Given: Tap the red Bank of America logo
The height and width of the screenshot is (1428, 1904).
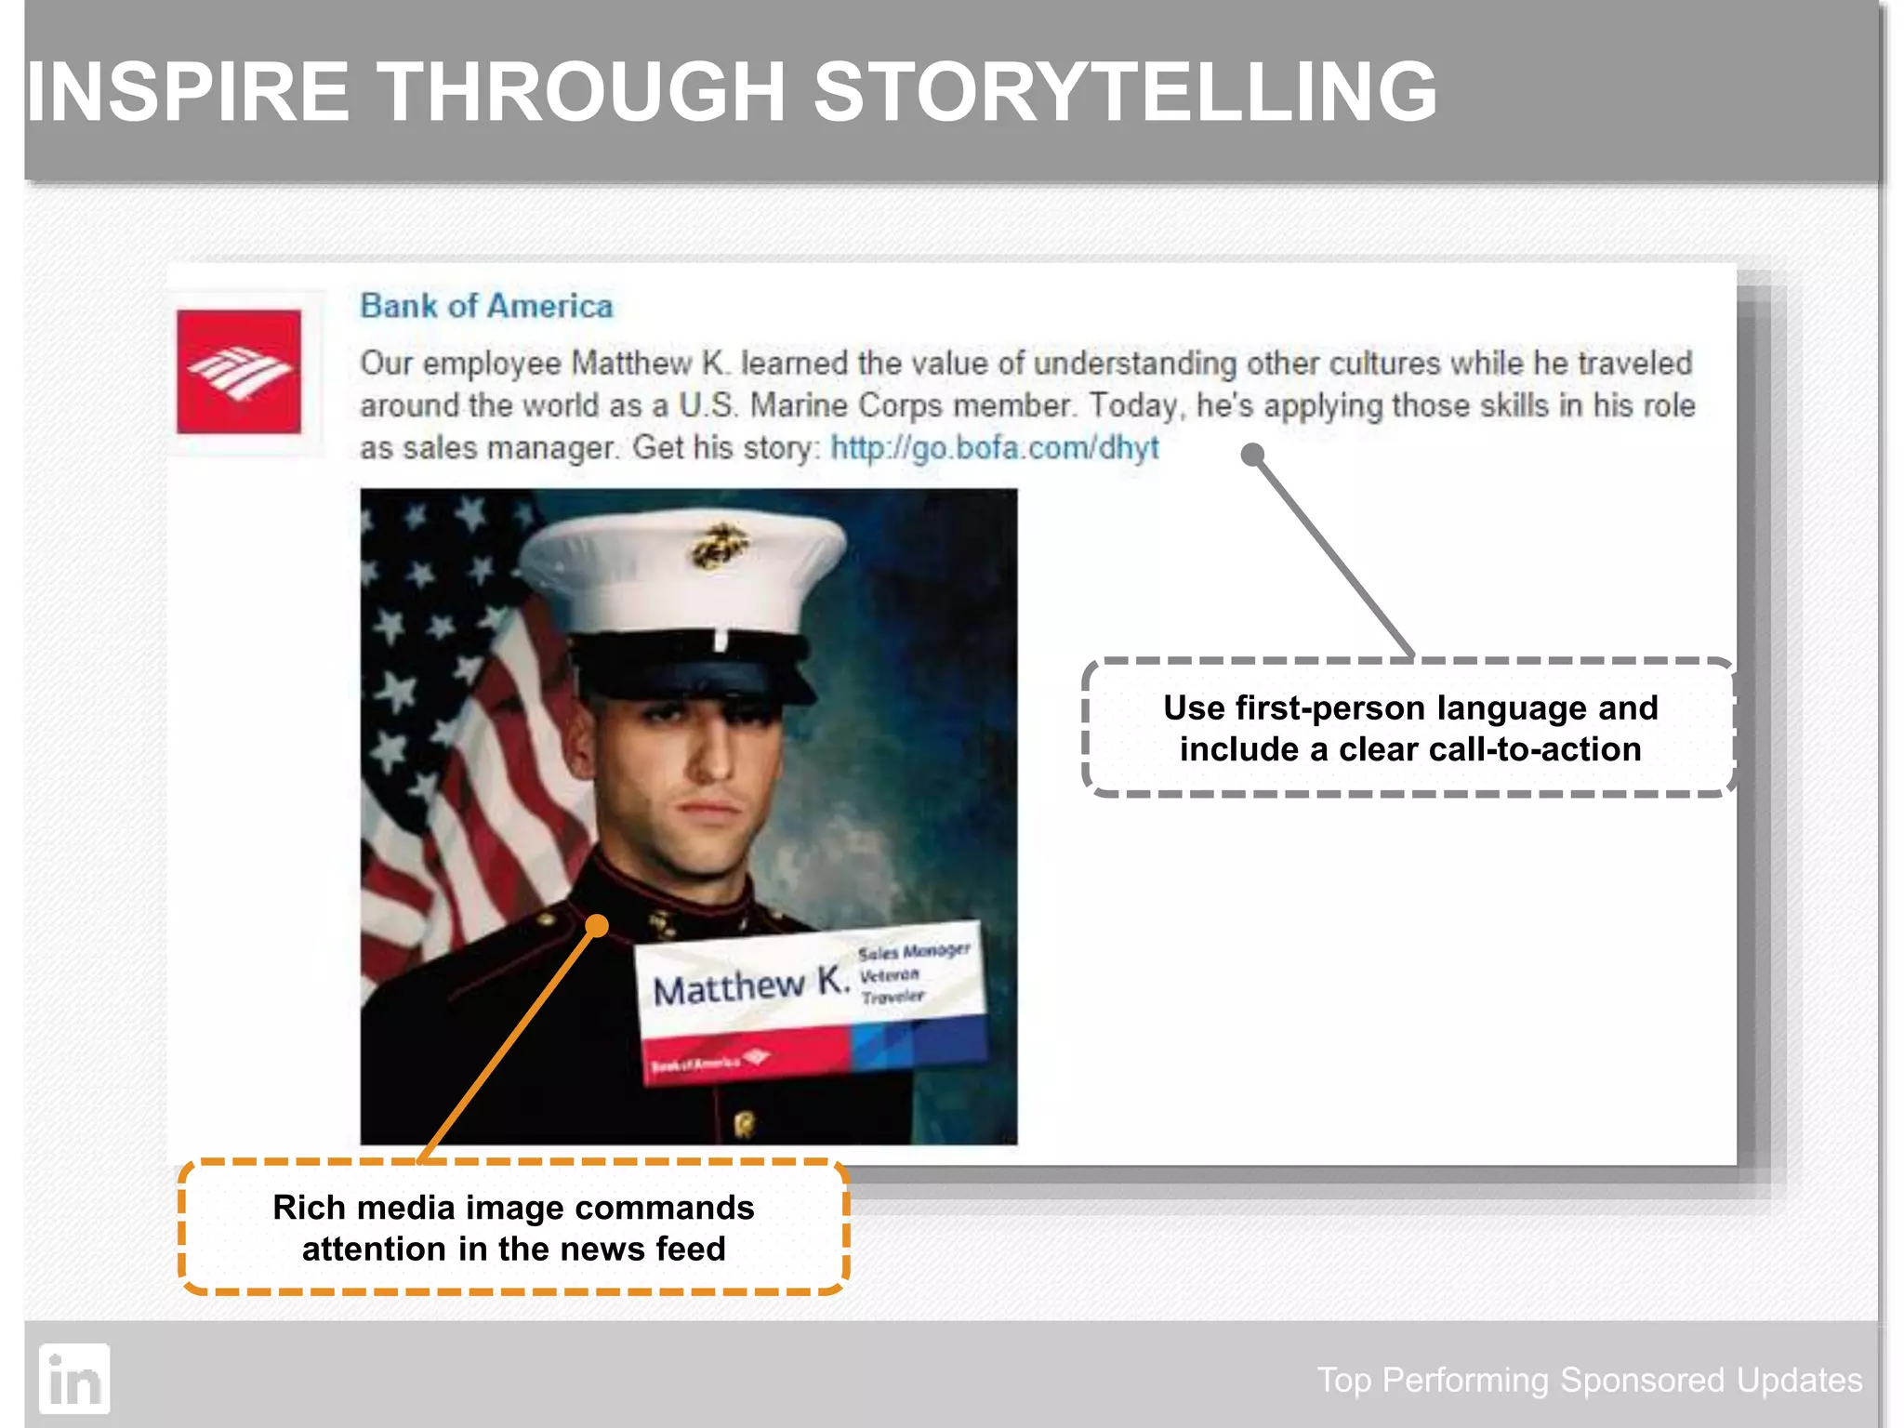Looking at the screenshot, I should point(239,372).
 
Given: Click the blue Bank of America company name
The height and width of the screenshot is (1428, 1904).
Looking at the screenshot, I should point(486,306).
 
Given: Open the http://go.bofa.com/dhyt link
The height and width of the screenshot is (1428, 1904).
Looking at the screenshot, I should point(994,448).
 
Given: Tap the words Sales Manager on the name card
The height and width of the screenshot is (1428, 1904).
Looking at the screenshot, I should point(913,951).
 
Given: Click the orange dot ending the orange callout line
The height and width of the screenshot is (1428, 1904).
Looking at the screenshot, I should point(598,925).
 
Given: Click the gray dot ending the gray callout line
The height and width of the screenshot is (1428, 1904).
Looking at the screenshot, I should point(1252,455).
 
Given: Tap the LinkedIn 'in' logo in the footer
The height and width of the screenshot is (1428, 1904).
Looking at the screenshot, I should point(74,1379).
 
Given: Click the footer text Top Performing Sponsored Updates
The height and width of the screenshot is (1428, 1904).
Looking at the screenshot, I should point(1589,1380).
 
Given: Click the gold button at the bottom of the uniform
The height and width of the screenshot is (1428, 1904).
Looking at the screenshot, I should point(744,1124).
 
